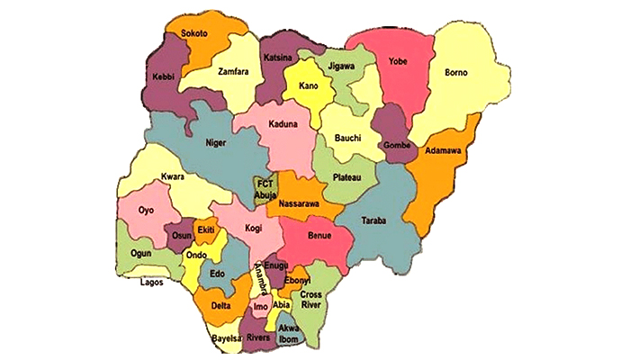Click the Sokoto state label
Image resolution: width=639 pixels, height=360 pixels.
pyautogui.click(x=193, y=33)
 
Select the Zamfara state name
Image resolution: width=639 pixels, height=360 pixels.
pyautogui.click(x=233, y=70)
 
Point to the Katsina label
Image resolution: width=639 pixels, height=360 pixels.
pyautogui.click(x=278, y=58)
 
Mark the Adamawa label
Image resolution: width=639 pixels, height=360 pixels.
pyautogui.click(x=445, y=151)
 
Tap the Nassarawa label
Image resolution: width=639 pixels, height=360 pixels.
pyautogui.click(x=303, y=204)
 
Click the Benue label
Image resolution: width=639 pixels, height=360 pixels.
pyautogui.click(x=319, y=237)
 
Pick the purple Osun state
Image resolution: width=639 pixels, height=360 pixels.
pyautogui.click(x=180, y=236)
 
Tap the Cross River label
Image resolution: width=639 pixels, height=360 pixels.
pyautogui.click(x=311, y=300)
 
